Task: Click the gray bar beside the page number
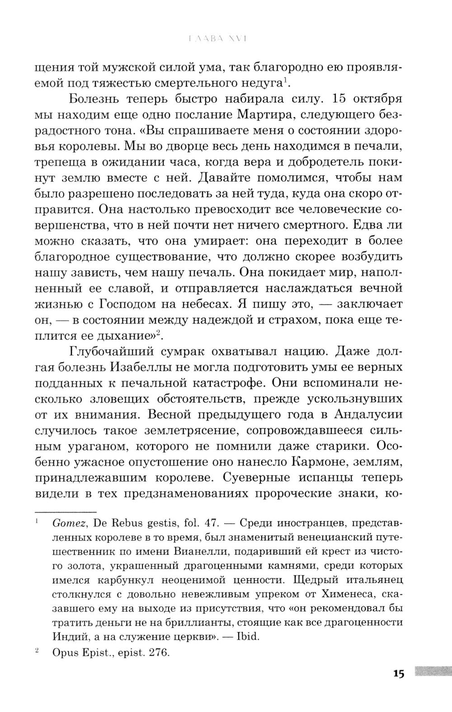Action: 431,672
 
